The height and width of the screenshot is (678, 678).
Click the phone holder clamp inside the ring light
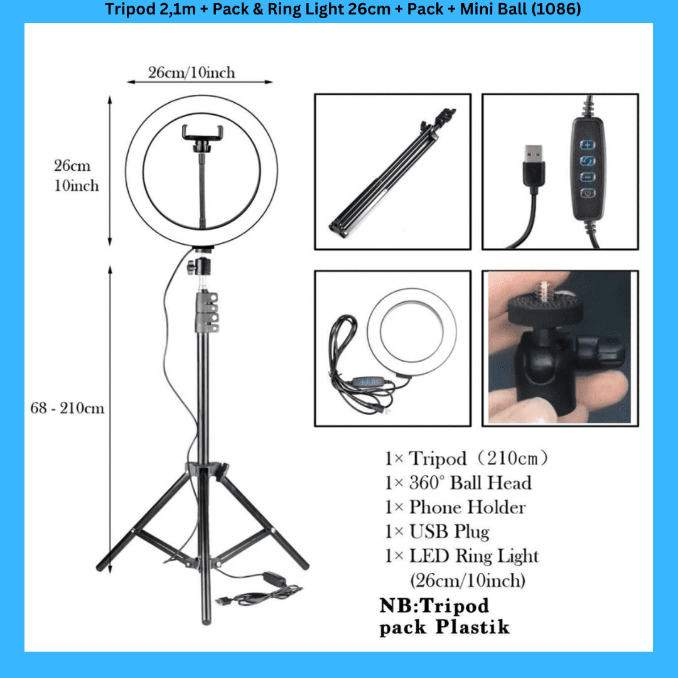(202, 135)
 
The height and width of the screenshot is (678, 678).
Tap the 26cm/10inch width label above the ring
(191, 72)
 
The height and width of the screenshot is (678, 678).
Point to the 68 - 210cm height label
(67, 408)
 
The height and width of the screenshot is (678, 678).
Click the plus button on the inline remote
(587, 144)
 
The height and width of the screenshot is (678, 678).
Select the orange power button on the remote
(588, 193)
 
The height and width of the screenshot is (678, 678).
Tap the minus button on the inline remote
(587, 177)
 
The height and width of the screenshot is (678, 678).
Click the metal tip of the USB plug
(534, 153)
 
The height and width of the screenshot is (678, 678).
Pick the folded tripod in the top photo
(392, 173)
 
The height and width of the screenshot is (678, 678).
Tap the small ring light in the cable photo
(412, 331)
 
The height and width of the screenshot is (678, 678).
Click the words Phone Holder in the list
(468, 507)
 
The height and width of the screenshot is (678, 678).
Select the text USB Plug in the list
(449, 532)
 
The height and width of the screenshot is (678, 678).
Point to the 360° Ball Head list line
(458, 483)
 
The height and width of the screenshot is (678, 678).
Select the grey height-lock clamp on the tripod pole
(207, 312)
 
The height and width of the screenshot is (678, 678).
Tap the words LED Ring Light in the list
(474, 556)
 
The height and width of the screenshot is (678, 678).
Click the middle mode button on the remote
(587, 161)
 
